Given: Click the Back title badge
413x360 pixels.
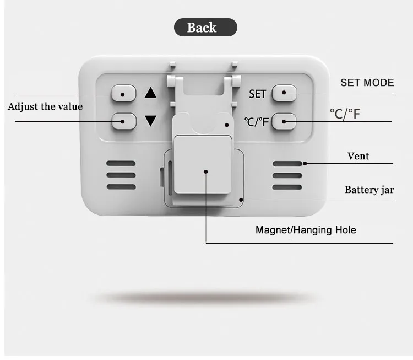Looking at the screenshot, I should [x=205, y=28].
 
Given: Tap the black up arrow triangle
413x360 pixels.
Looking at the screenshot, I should [x=150, y=93].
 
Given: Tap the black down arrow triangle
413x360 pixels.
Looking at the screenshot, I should [x=150, y=120].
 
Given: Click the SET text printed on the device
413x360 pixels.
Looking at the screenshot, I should [x=257, y=94].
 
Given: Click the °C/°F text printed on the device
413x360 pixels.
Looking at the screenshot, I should [x=257, y=121].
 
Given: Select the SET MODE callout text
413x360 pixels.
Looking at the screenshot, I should [x=367, y=83].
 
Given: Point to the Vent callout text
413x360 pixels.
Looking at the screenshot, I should [x=358, y=156].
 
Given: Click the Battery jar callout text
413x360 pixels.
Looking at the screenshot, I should [x=369, y=190].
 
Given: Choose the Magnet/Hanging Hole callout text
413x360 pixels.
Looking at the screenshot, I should [x=306, y=230].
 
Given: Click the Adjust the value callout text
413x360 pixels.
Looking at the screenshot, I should [x=45, y=106].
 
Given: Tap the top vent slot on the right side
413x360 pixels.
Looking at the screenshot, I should [x=287, y=164].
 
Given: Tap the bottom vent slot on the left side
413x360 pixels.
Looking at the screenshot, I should [x=121, y=187].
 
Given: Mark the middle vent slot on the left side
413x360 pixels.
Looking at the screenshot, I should [x=121, y=175].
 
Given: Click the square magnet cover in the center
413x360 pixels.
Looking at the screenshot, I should [x=203, y=164].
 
